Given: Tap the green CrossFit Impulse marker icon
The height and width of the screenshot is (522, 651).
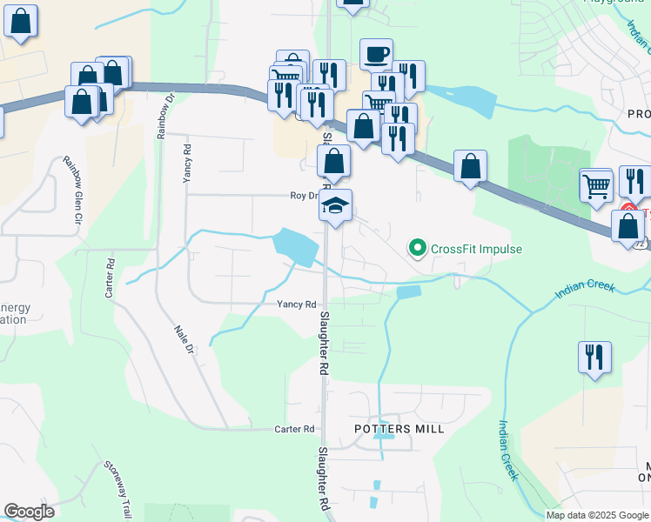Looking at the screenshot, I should (418, 250).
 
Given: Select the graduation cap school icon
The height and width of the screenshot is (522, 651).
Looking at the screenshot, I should (335, 206).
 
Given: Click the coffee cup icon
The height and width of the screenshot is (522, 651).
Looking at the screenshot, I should (376, 54).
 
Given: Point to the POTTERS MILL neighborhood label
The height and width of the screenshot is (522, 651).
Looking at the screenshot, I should (399, 429).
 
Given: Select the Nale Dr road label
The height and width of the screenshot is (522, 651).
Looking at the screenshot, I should (183, 338).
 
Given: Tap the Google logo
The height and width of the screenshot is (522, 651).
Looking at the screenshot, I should (30, 512).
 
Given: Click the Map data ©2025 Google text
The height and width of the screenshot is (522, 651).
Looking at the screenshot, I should (597, 515).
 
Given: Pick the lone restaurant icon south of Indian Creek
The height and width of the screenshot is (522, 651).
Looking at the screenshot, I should (595, 357).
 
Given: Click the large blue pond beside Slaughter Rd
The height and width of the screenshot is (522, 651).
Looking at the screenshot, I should (296, 246).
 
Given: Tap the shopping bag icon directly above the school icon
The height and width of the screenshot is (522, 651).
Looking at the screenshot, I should (333, 161).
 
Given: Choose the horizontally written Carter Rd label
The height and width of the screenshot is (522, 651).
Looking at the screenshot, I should (294, 430).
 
